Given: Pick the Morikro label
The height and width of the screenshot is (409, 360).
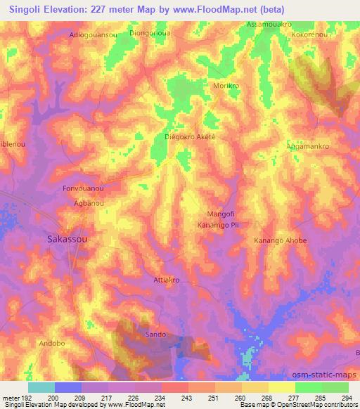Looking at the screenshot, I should point(226,85).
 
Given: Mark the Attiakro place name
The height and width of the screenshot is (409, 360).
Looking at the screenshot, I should point(167,280).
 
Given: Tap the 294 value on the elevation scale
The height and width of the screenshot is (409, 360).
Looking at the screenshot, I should point(345,398).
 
